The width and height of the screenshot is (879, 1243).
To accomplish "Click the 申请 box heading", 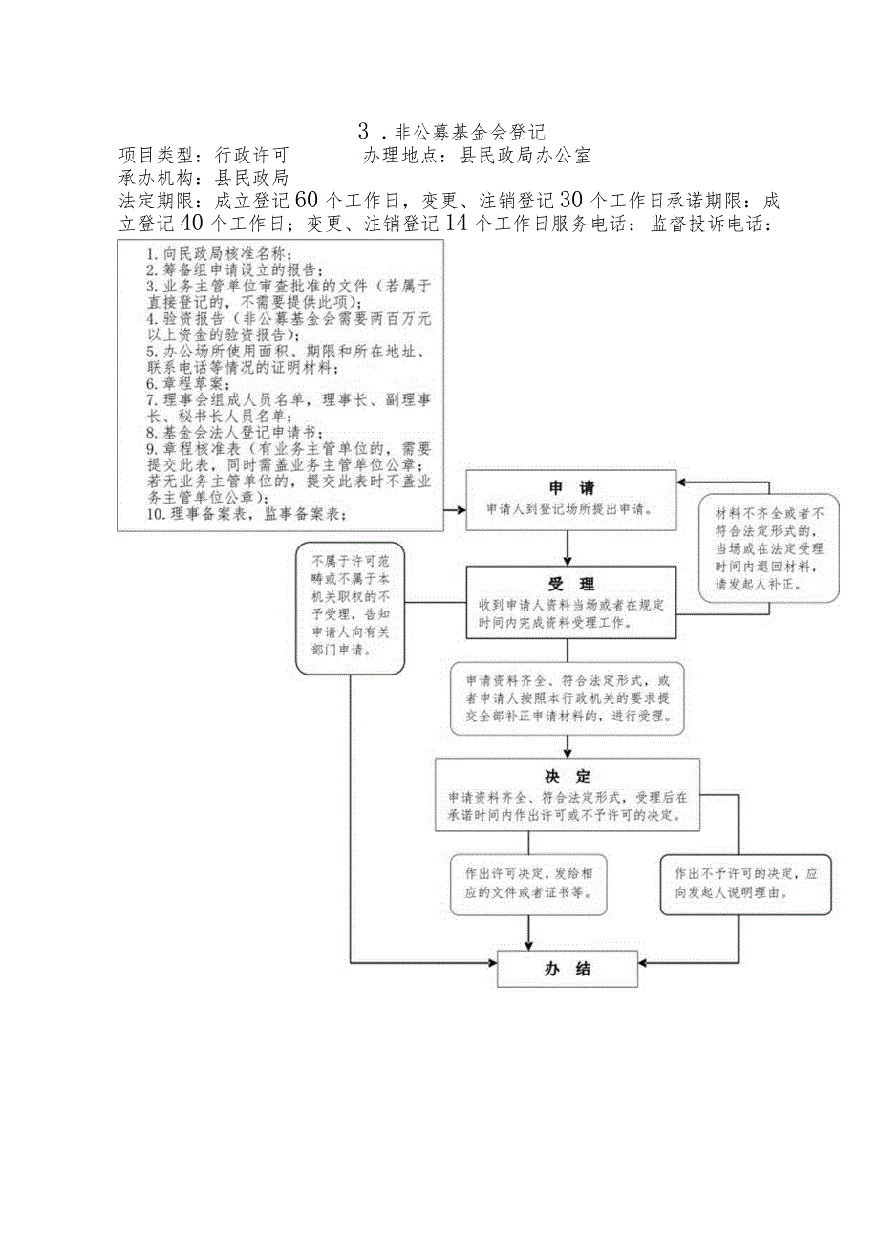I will pyautogui.click(x=570, y=486).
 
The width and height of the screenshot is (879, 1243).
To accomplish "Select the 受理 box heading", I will pyautogui.click(x=570, y=584).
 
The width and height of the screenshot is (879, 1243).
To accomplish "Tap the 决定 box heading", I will pyautogui.click(x=570, y=776).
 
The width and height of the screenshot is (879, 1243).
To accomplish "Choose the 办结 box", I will pyautogui.click(x=568, y=969).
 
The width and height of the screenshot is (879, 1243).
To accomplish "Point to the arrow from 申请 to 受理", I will pyautogui.click(x=569, y=547).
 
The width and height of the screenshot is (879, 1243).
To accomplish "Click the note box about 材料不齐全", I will pyautogui.click(x=769, y=546).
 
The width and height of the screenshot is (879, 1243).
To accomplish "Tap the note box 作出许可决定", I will pyautogui.click(x=528, y=883).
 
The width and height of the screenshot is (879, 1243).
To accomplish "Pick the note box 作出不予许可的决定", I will pyautogui.click(x=746, y=883).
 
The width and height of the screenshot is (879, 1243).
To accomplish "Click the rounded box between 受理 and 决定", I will pyautogui.click(x=568, y=698).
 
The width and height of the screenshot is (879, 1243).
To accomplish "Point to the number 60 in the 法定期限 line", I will pyautogui.click(x=306, y=200).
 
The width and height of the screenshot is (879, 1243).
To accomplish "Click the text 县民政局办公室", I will pyautogui.click(x=525, y=155).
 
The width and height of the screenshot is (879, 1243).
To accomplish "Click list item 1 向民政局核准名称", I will pyautogui.click(x=218, y=254).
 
